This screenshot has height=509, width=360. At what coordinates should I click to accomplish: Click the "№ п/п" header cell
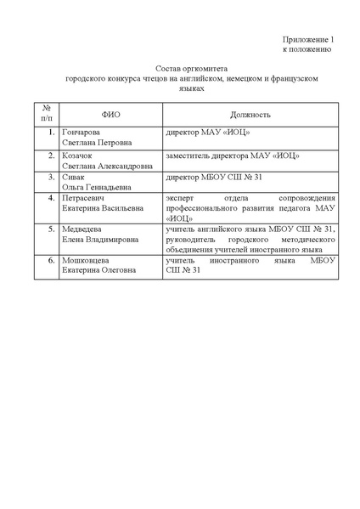47,113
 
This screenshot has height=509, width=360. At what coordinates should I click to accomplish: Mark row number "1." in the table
51,134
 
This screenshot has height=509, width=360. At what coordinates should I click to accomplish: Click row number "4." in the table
51,198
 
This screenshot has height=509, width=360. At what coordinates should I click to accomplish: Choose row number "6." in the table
51,260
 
